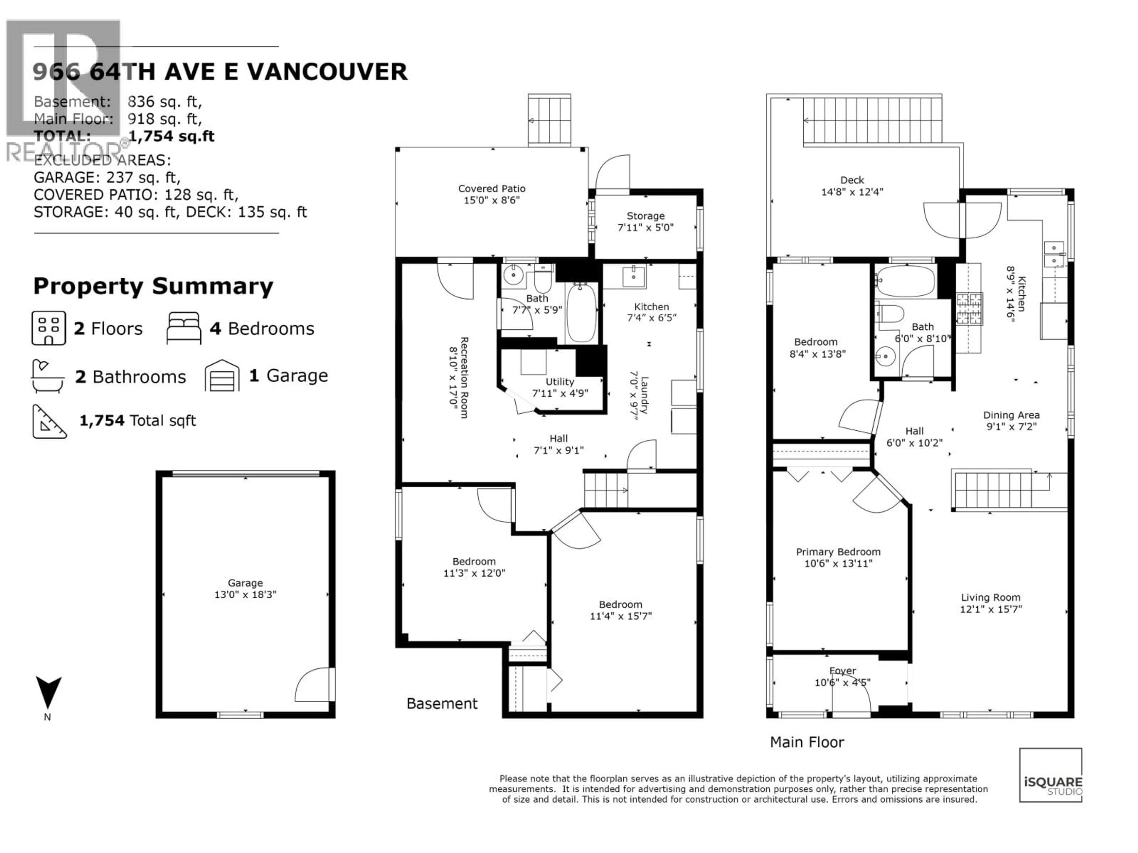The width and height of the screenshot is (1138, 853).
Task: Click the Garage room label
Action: click(245, 583)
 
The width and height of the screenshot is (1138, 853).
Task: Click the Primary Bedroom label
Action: click(838, 552)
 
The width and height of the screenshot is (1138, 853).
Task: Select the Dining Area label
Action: click(1011, 415)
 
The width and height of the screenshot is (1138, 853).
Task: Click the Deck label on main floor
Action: click(852, 180)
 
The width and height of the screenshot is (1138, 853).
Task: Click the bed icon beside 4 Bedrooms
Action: click(184, 328)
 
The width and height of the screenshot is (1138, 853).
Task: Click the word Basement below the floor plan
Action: click(442, 703)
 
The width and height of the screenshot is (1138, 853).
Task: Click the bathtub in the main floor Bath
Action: click(905, 281)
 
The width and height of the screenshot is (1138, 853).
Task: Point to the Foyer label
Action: click(842, 671)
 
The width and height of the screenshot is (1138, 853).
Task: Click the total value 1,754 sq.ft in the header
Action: click(171, 136)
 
